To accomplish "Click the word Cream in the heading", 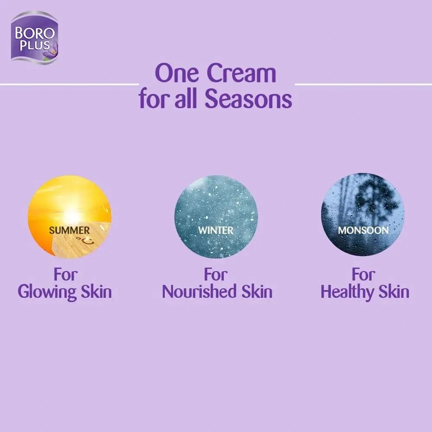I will coord(242,73).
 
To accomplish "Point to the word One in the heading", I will coord(177,73).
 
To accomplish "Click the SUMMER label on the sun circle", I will coord(69,230).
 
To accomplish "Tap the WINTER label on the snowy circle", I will coord(216,230).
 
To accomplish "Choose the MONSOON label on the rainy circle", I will coord(363,230).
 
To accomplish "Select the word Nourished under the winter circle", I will coord(199,292).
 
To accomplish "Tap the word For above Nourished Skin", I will coord(216,275).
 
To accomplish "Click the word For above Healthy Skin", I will coord(363,275).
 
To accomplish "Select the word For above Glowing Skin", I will coord(66,275).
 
